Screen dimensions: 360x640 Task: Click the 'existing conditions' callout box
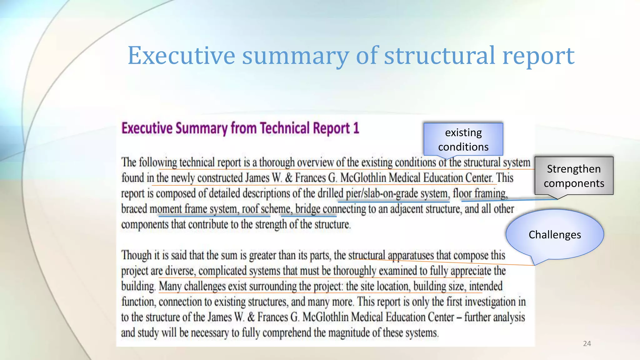point(463,139)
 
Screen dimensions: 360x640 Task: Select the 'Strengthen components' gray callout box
point(574,176)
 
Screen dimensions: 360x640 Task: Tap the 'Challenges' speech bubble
point(555,234)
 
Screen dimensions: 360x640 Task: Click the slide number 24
point(587,344)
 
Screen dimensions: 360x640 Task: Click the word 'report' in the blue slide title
point(538,56)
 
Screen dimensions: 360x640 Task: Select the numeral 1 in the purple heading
point(356,128)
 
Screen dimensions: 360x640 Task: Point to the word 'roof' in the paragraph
point(250,209)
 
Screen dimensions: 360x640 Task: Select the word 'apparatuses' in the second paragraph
point(411,255)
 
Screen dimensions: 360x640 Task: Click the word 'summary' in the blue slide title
point(295,56)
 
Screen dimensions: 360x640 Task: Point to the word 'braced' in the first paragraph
point(134,209)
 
